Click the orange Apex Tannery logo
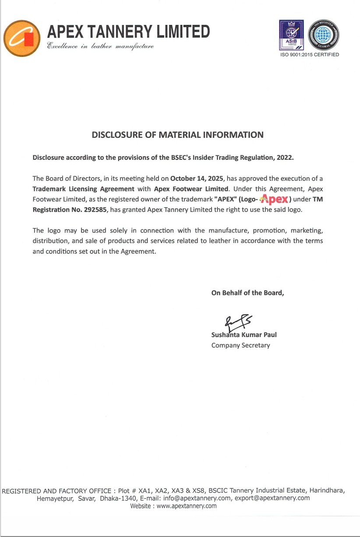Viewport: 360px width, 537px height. click(22, 38)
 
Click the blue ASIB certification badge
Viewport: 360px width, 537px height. click(292, 35)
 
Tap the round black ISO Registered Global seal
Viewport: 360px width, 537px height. click(324, 35)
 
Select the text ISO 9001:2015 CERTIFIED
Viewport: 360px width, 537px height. click(310, 55)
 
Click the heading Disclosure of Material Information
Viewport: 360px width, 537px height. click(177, 135)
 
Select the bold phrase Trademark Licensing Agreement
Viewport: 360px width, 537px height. click(83, 189)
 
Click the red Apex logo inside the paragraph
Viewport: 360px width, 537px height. click(274, 200)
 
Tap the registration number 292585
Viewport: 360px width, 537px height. click(95, 210)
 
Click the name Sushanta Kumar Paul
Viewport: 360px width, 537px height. click(244, 335)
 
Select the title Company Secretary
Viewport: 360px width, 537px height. click(240, 345)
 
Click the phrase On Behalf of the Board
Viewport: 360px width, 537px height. click(247, 293)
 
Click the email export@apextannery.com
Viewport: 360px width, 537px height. click(272, 498)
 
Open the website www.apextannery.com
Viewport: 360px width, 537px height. click(187, 506)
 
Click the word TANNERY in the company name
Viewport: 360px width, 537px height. click(118, 32)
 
